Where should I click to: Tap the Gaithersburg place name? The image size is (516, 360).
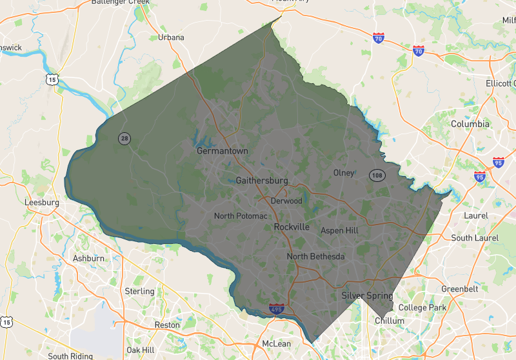coord(262,181)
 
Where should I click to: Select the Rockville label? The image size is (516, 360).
coord(292,228)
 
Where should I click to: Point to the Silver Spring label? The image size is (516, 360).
coord(366,296)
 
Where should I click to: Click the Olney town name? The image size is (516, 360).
coord(344,173)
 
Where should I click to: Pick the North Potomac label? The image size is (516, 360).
coord(241,216)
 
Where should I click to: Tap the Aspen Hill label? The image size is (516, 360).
coord(339,230)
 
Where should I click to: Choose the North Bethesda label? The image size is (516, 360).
coord(315,257)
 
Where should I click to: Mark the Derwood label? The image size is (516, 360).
coord(286,201)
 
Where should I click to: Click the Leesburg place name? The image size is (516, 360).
coord(41,202)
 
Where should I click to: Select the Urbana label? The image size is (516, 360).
coord(171,37)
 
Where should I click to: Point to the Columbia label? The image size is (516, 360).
coord(470,124)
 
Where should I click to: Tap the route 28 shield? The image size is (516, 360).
coord(124,138)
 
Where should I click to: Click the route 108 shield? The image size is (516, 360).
coord(377,175)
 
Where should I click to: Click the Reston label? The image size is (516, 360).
coord(167,325)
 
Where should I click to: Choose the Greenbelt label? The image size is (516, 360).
coord(459,288)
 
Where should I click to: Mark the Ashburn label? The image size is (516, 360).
coord(88,259)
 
